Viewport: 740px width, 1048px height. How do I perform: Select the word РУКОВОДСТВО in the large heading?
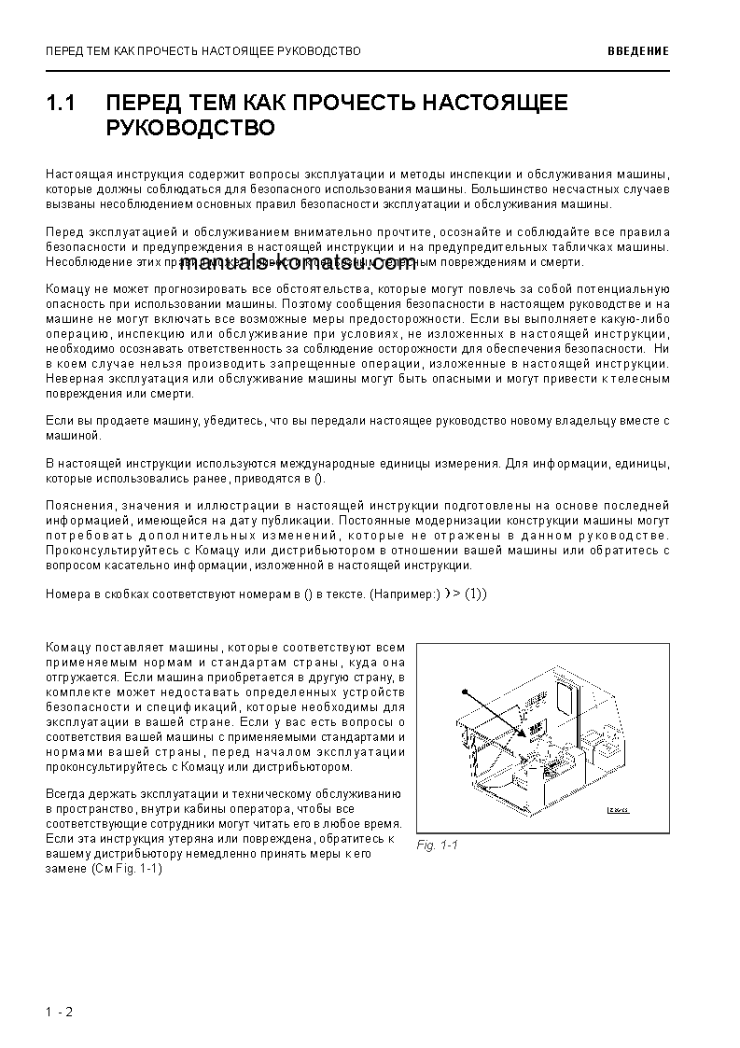click(190, 128)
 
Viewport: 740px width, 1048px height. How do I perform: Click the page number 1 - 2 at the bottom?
click(58, 1012)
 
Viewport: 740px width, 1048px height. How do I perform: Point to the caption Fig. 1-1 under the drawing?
click(438, 845)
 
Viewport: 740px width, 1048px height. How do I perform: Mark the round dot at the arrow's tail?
click(462, 692)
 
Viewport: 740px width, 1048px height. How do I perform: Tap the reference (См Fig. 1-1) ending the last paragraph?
click(127, 868)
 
